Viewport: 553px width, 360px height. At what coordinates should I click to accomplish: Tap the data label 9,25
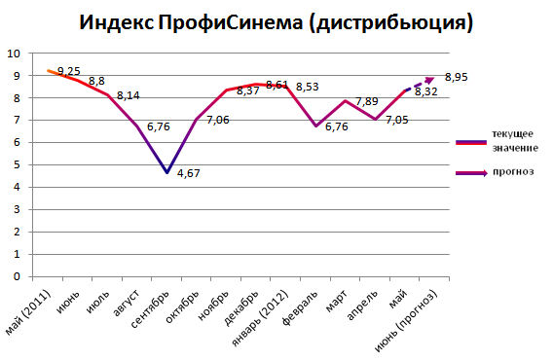click(x=69, y=71)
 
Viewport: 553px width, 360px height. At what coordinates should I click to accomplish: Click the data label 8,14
click(x=129, y=96)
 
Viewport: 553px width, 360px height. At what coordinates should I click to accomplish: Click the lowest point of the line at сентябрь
click(x=168, y=172)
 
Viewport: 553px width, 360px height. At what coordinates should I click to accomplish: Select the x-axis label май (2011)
click(x=24, y=313)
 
